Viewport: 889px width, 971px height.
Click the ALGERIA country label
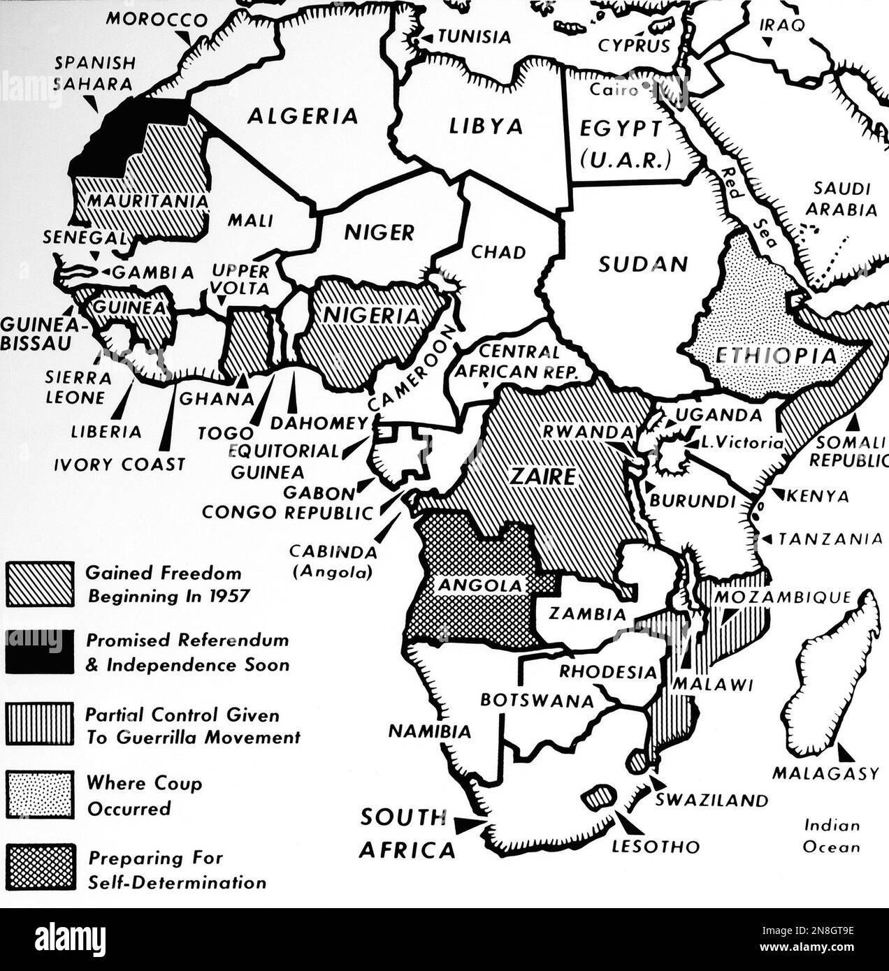pos(302,116)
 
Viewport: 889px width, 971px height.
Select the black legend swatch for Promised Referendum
pos(40,652)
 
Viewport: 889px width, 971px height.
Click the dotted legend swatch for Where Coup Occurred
pos(40,794)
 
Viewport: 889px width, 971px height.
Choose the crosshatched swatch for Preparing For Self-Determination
pos(40,868)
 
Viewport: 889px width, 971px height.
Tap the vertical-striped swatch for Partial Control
pos(40,724)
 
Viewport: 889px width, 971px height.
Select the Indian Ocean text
pos(831,836)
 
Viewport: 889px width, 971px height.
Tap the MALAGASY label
pos(825,773)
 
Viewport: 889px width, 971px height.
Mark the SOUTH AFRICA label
pos(406,833)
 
